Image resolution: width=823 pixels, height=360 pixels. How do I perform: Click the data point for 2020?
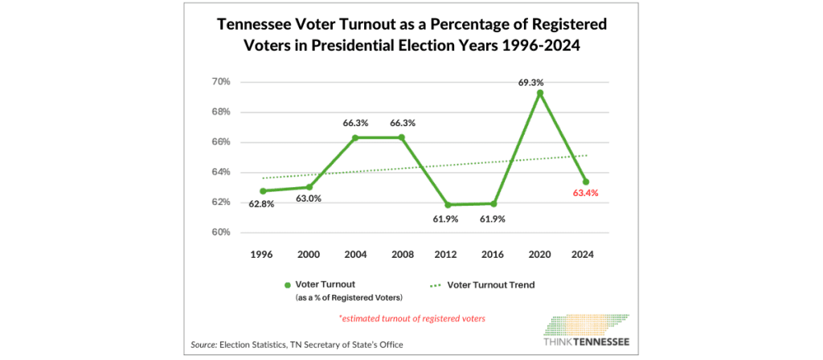pyautogui.click(x=540, y=93)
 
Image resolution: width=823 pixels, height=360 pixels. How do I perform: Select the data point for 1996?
pyautogui.click(x=263, y=191)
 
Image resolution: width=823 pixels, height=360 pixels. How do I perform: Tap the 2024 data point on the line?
pyautogui.click(x=586, y=182)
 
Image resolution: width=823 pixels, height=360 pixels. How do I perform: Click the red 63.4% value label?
pyautogui.click(x=586, y=194)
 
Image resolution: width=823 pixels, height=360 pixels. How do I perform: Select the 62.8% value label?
pyautogui.click(x=262, y=204)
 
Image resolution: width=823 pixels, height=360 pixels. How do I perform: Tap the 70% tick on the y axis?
pyautogui.click(x=222, y=82)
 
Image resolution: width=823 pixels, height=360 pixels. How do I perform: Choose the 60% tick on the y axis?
pyautogui.click(x=222, y=232)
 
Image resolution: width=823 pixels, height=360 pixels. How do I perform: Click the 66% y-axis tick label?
pyautogui.click(x=222, y=142)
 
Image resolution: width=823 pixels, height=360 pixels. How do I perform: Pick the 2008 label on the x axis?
pyautogui.click(x=401, y=255)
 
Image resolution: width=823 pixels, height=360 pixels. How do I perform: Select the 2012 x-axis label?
pyautogui.click(x=447, y=255)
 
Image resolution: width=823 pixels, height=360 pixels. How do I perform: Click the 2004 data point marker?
pyautogui.click(x=355, y=137)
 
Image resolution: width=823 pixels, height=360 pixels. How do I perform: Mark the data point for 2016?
pyautogui.click(x=493, y=204)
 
